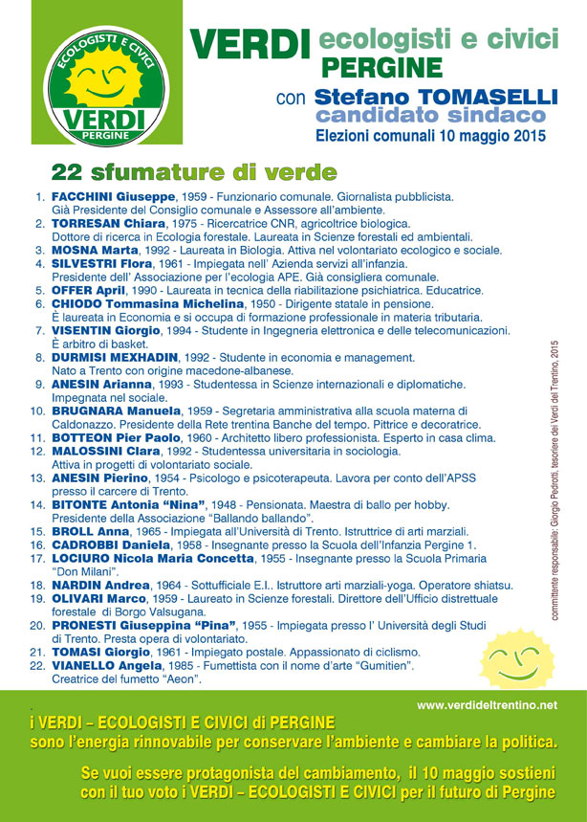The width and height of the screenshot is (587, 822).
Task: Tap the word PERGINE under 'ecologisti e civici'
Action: click(381, 68)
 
